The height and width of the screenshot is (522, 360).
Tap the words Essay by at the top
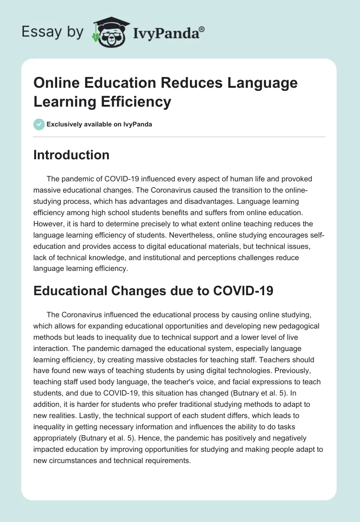[53, 32]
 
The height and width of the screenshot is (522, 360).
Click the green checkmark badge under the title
[39, 124]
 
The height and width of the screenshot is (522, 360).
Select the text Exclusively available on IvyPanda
[99, 125]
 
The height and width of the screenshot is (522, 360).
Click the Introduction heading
[72, 155]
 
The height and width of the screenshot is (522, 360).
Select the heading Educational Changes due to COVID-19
[153, 291]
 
